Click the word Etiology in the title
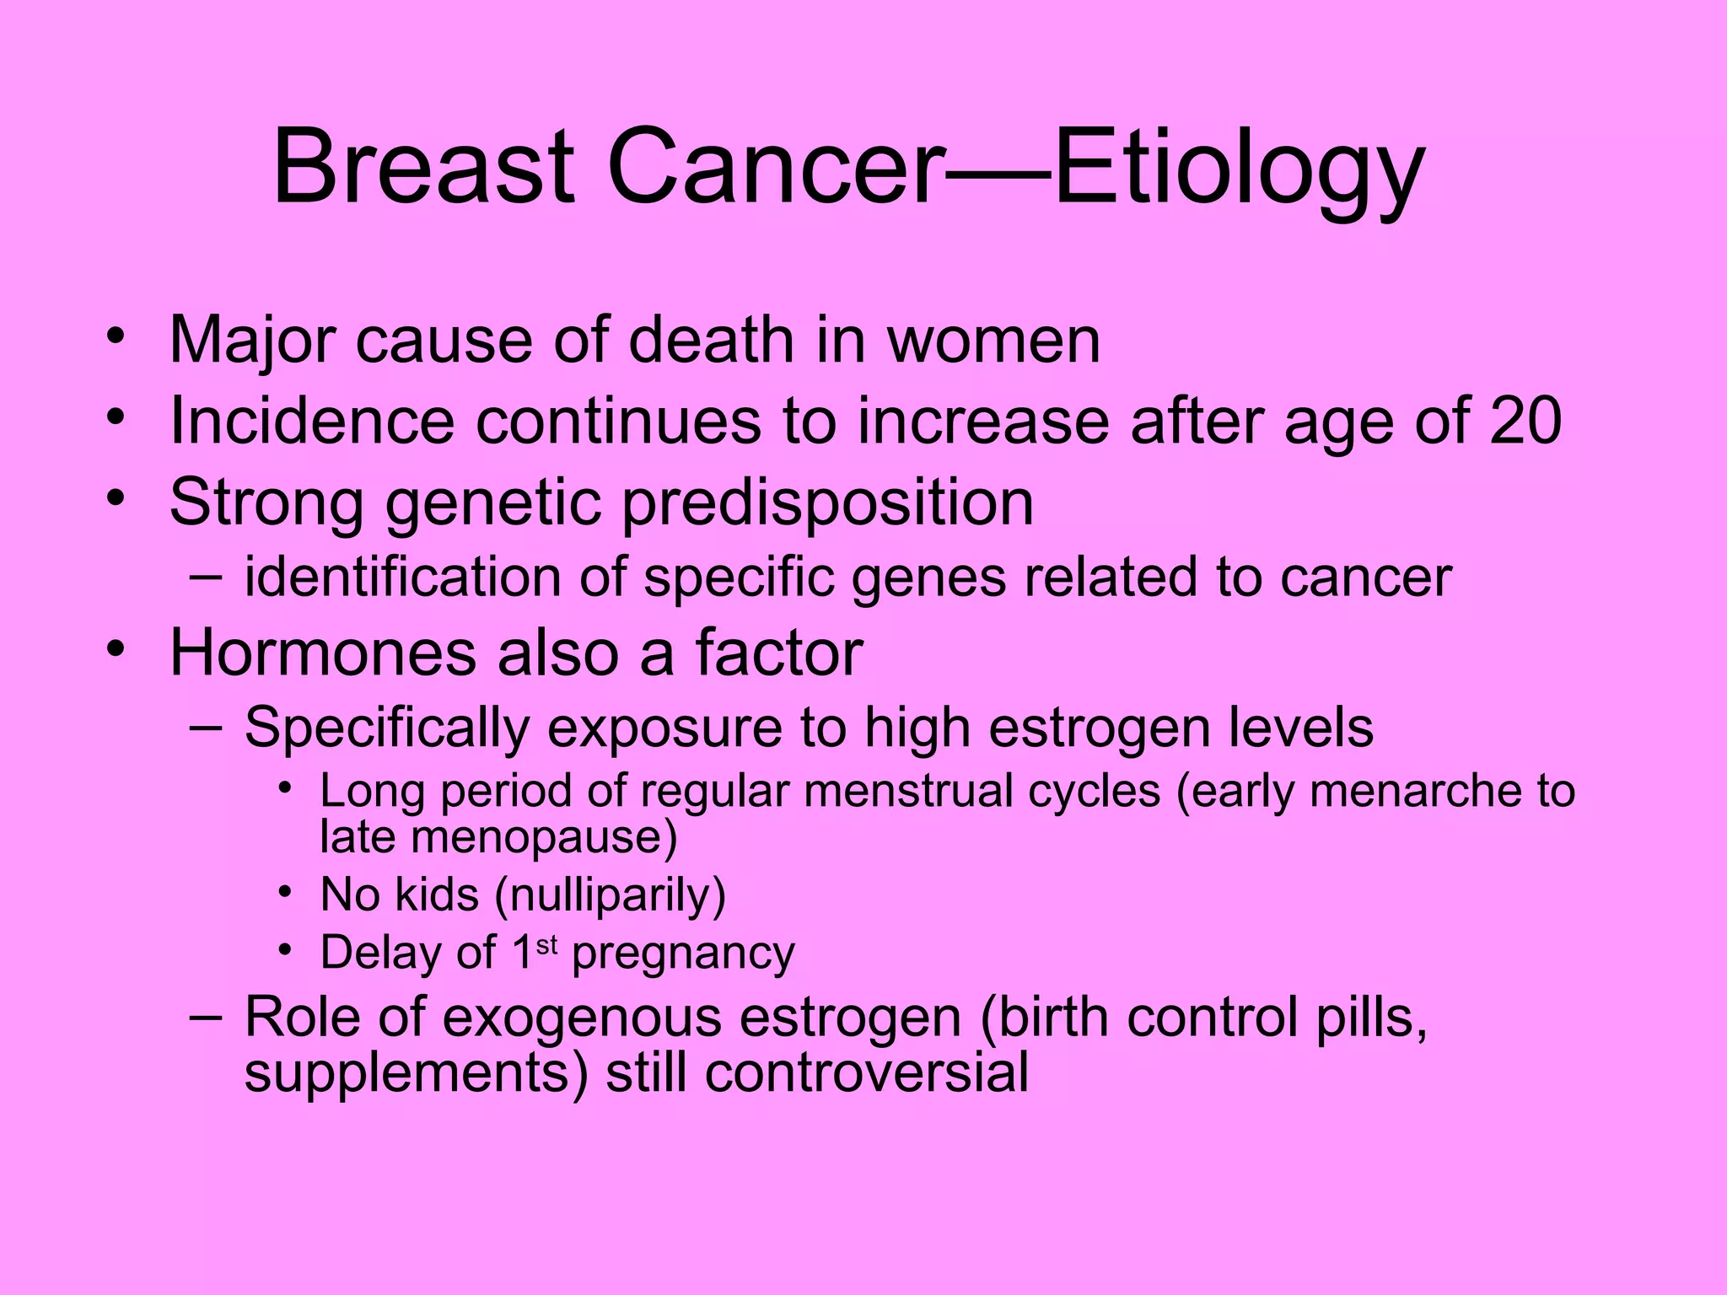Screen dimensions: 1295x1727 click(1239, 169)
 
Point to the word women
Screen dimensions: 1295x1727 click(994, 341)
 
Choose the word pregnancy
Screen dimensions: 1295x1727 click(683, 954)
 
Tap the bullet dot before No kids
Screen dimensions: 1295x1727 click(286, 891)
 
